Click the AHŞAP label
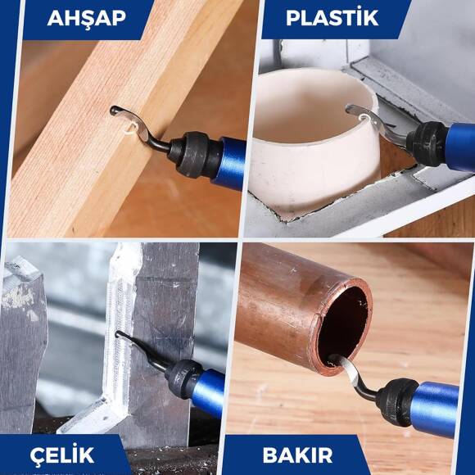point(86,17)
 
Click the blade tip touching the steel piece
point(121,335)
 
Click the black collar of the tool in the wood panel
point(191,151)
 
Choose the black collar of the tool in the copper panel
point(397,400)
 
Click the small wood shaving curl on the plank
point(129,125)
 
